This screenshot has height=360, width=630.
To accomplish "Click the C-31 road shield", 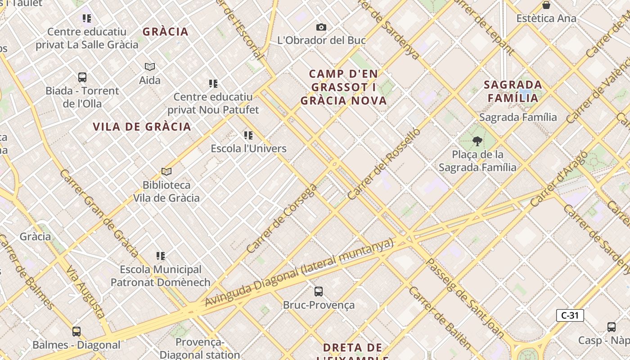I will [x=570, y=315].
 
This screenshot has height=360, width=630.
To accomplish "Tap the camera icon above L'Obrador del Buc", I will [x=321, y=27].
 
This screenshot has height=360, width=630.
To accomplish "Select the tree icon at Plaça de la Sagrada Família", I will [x=477, y=141].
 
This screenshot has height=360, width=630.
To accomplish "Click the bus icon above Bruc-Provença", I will [x=319, y=292].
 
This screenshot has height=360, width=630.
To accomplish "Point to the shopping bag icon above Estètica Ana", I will [x=546, y=5].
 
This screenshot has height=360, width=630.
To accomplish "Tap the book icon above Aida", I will [x=150, y=67].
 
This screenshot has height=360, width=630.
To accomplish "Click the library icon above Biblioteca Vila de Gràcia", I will [x=166, y=171].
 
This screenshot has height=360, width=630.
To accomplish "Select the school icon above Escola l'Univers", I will [x=248, y=135].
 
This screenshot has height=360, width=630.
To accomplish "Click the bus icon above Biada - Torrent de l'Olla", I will [x=82, y=77].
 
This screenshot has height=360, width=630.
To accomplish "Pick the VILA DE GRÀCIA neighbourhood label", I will [x=142, y=127].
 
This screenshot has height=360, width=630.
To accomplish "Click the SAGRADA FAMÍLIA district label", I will [x=513, y=91].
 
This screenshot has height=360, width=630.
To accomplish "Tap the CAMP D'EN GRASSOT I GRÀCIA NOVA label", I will [x=344, y=87].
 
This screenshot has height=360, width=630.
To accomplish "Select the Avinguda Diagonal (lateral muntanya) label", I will [x=299, y=273].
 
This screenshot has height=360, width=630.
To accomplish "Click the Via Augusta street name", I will [x=85, y=292].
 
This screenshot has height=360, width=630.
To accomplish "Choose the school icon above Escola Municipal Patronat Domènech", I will [x=161, y=256].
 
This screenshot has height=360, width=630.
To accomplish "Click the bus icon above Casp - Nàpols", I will [x=611, y=327].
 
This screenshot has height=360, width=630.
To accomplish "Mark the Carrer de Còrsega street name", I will [x=282, y=218].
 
